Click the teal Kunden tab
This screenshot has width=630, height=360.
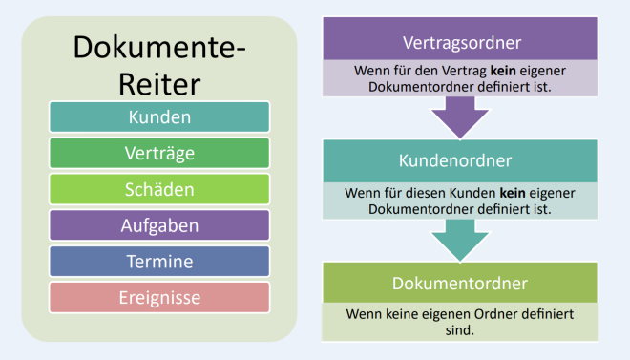coord(159,118)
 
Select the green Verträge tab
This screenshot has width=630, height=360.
coord(159,153)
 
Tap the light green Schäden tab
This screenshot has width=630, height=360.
coord(159,189)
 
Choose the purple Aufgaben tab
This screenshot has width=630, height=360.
coord(159,225)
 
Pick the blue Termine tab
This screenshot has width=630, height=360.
coord(159,262)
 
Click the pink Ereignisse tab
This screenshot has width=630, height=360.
coord(159,298)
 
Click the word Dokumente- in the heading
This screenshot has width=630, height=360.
coord(159,48)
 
